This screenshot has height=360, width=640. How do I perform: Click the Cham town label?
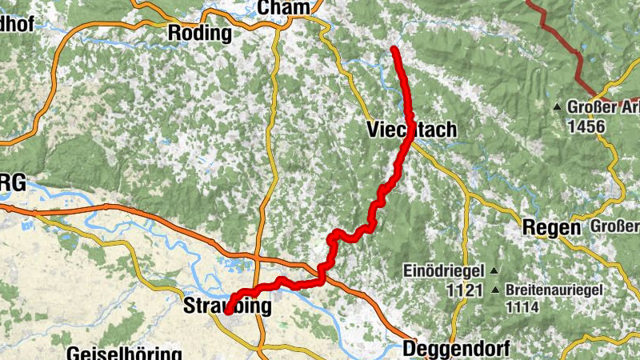(283, 7)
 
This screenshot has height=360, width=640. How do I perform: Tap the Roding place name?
(199, 34)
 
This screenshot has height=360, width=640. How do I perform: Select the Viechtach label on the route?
(411, 130)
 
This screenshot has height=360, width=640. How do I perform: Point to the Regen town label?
(550, 226)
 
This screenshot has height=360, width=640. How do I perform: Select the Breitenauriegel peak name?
(558, 290)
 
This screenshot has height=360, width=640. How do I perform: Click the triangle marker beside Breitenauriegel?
(497, 290)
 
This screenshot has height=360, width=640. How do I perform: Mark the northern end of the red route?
(394, 50)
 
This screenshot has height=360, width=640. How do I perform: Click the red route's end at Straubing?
(227, 312)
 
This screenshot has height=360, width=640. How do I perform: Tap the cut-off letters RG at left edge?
(12, 183)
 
